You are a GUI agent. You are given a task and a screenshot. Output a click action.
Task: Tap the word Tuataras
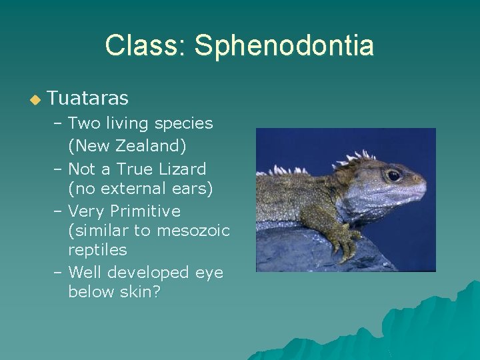coord(88,99)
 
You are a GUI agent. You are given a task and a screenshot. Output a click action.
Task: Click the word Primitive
coord(145,211)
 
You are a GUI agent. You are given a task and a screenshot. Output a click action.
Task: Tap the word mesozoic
coord(193,231)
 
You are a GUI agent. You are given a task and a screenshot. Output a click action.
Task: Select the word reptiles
coord(97,250)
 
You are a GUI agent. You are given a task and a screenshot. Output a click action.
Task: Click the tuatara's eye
coord(393,175)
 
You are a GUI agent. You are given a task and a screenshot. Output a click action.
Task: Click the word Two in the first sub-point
coord(83,123)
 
